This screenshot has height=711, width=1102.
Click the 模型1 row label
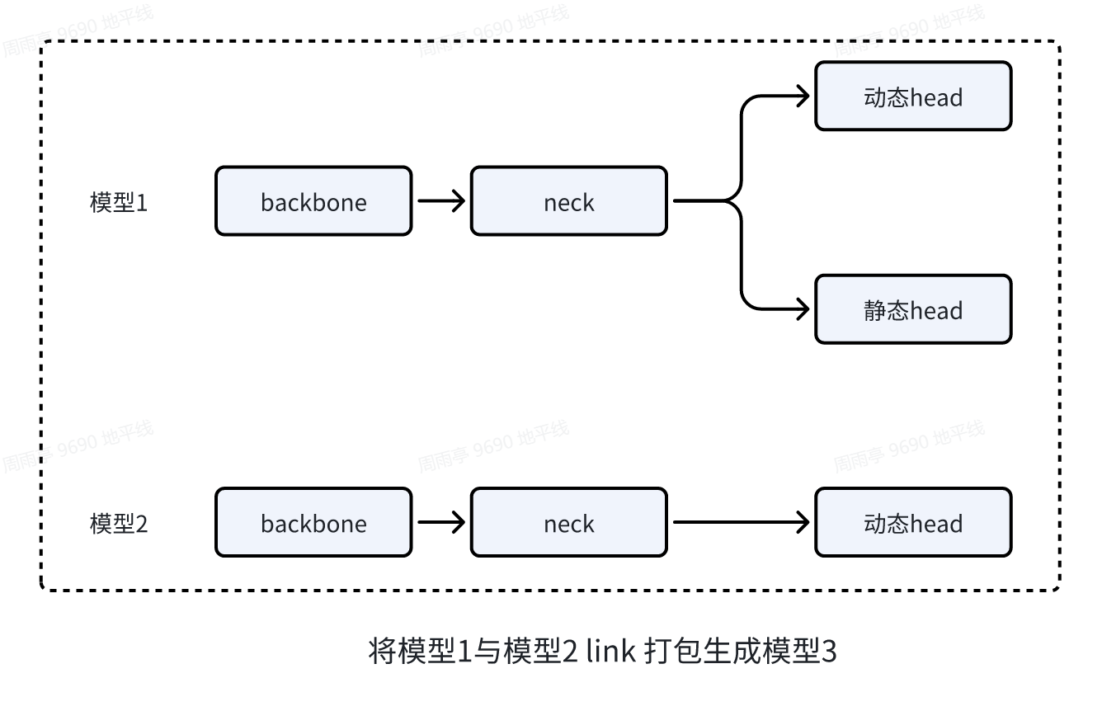click(x=119, y=203)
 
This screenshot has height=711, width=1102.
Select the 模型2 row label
click(x=119, y=524)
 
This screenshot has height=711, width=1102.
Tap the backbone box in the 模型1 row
click(x=313, y=202)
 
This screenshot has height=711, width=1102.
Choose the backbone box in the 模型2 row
click(x=313, y=523)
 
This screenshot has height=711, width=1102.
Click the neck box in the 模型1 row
click(x=568, y=202)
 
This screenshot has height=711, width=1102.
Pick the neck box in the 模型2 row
click(x=568, y=523)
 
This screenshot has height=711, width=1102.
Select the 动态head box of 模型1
click(x=912, y=97)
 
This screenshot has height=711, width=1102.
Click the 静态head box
click(x=912, y=310)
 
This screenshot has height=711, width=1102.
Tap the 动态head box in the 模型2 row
click(x=912, y=523)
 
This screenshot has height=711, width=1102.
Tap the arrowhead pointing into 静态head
click(x=803, y=310)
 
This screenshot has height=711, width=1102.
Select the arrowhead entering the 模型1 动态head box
click(x=803, y=97)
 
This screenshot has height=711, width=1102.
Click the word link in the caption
click(x=610, y=652)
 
